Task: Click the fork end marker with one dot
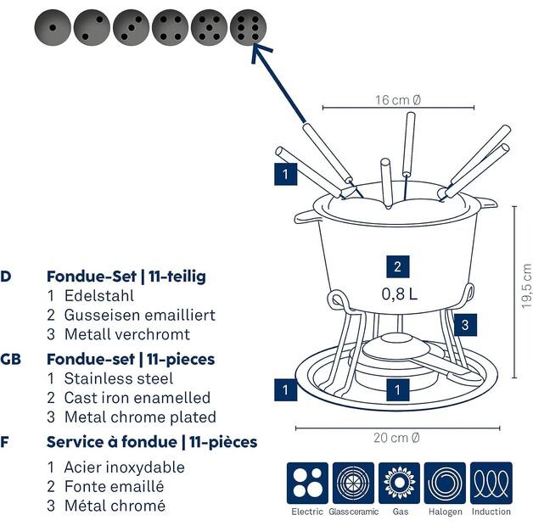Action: coord(53,28)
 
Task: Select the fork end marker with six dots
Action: coord(249,28)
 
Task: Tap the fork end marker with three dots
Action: coord(132,28)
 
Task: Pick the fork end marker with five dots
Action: coord(210,28)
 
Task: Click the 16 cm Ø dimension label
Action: coord(398,100)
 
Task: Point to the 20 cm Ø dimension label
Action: coord(398,438)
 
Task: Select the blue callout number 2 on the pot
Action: coord(397,266)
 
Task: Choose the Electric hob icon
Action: coord(306,483)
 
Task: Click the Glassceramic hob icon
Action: coord(353,483)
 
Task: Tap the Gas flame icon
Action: coord(399,483)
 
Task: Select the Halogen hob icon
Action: coord(445,483)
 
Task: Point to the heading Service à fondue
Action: coord(151,442)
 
